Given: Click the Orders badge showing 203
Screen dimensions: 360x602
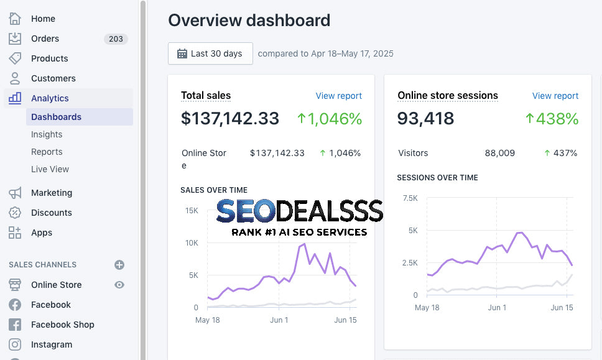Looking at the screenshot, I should [x=116, y=39].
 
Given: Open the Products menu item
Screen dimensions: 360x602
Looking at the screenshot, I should [x=49, y=58].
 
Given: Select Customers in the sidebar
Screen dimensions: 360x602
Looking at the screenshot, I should [x=53, y=78].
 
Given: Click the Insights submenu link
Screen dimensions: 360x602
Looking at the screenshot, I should [x=47, y=134].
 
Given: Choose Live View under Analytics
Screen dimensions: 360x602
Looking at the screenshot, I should [x=50, y=169].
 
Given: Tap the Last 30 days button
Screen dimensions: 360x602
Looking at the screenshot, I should [x=210, y=53].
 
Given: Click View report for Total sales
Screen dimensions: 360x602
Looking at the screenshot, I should [x=338, y=96].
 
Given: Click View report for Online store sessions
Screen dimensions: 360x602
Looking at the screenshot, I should [x=555, y=96].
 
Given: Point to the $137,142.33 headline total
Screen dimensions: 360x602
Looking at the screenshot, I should [x=230, y=118].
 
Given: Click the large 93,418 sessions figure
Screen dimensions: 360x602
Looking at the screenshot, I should [x=425, y=118].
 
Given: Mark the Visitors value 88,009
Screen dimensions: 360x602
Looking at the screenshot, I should [x=499, y=153].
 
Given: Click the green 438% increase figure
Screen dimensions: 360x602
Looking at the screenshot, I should [x=552, y=118].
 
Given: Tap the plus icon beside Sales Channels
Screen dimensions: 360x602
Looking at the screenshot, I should [x=119, y=265].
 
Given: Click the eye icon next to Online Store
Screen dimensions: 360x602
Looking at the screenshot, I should [x=119, y=285].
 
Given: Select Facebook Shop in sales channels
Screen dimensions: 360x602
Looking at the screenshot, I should [x=62, y=325].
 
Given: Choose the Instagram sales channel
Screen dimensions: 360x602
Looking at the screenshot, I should [x=51, y=344].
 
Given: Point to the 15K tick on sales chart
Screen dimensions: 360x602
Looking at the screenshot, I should [x=191, y=211].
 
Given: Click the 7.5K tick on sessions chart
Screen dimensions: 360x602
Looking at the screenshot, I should [x=410, y=198].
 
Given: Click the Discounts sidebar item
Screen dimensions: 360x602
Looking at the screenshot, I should [x=51, y=213].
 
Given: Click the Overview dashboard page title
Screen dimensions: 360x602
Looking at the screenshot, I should [x=249, y=21].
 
